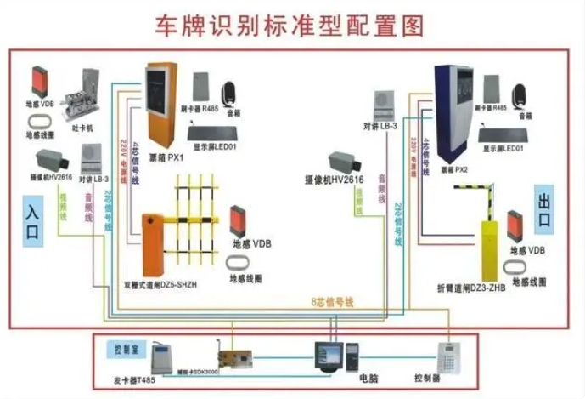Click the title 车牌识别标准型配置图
(x=289, y=26)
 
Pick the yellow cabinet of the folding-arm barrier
(x=490, y=248)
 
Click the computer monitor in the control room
(x=327, y=355)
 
